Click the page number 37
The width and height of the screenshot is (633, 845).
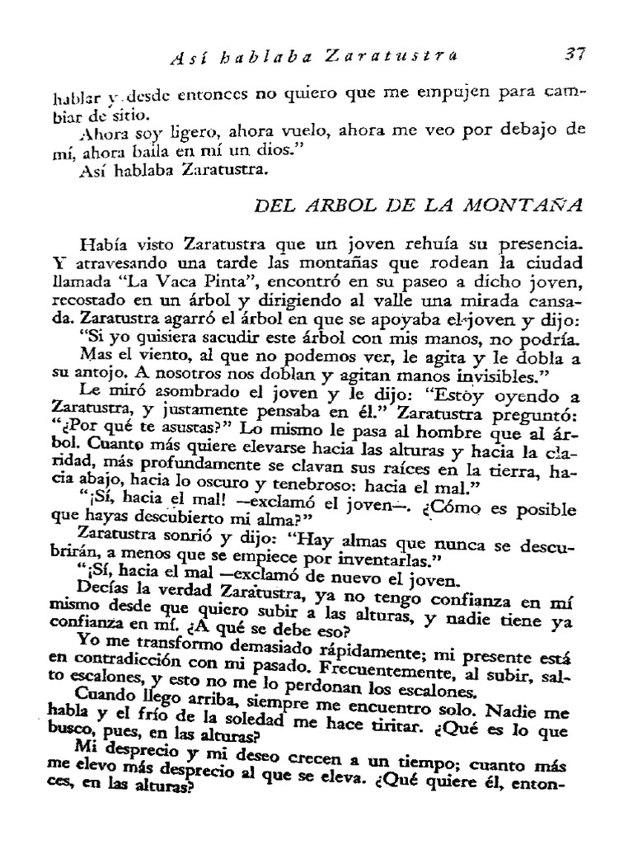(x=574, y=55)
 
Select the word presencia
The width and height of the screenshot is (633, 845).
(x=519, y=243)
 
